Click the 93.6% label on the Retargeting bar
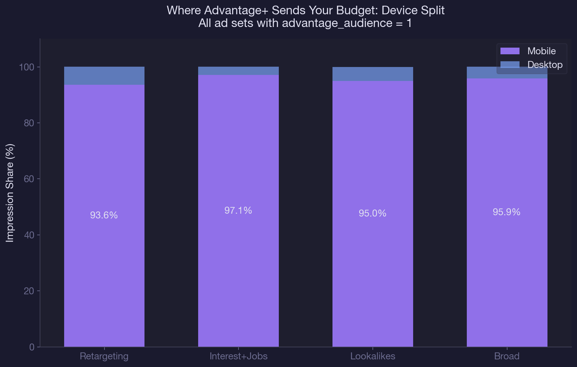(x=104, y=215)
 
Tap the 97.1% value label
(x=238, y=210)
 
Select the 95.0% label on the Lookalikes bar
(x=372, y=213)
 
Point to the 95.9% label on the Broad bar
(x=507, y=212)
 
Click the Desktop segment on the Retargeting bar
(x=104, y=76)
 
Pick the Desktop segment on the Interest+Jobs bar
(x=238, y=71)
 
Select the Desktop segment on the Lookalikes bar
(x=372, y=74)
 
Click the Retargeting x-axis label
(x=104, y=356)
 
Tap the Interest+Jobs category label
(x=238, y=356)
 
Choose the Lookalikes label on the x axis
(x=372, y=356)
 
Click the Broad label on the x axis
(x=507, y=356)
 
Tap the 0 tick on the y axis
(x=31, y=347)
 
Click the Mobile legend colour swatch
(x=510, y=51)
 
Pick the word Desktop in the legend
(x=545, y=65)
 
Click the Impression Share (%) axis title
(x=10, y=193)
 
